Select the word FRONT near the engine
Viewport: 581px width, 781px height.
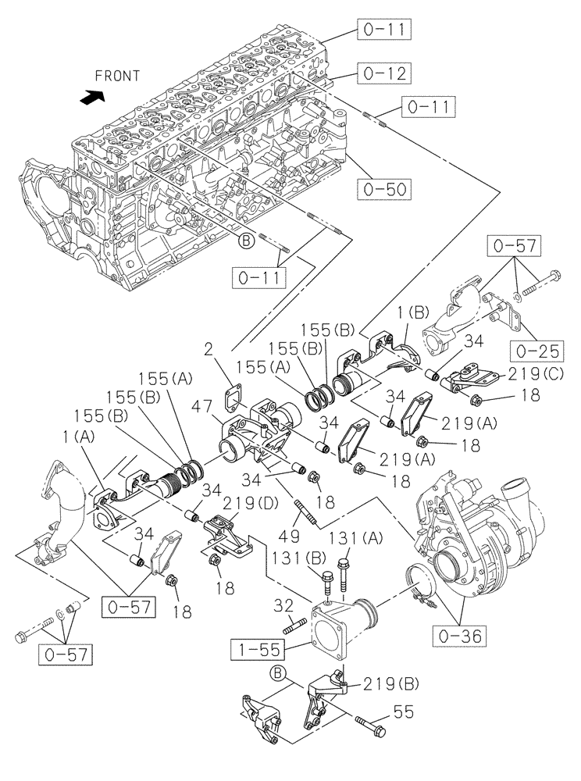point(117,76)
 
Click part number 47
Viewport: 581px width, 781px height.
point(202,406)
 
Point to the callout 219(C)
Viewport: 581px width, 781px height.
point(540,374)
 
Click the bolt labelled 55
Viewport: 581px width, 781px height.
point(371,726)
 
